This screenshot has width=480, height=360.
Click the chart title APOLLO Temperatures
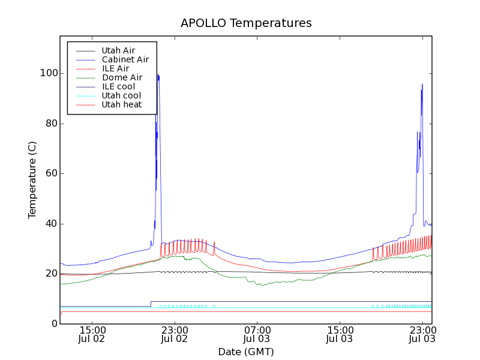tap(246, 23)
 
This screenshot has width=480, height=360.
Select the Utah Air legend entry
tap(118, 50)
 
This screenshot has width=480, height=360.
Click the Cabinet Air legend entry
tap(125, 59)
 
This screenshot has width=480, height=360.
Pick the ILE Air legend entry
tap(115, 68)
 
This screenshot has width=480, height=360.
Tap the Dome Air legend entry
tap(122, 77)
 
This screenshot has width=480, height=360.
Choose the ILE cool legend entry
tap(118, 86)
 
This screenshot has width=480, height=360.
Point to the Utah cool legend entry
tap(121, 95)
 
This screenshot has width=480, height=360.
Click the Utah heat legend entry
tap(121, 104)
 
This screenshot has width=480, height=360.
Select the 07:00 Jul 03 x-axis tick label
tap(257, 334)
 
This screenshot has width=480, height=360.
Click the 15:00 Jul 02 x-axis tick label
tap(92, 334)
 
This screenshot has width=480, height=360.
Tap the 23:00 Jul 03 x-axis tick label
tap(422, 334)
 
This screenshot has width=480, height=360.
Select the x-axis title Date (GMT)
tap(245, 352)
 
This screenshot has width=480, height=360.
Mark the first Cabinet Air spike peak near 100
tap(158, 74)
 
